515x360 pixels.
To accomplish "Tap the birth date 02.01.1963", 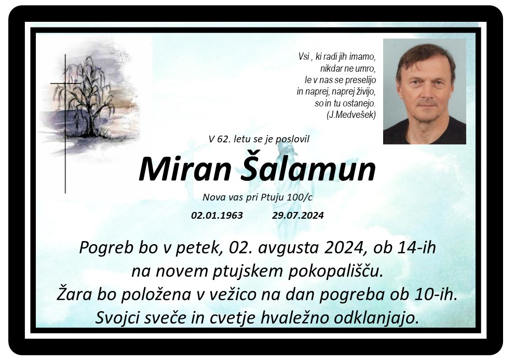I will click(x=217, y=215).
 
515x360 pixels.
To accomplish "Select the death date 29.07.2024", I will click(x=297, y=215).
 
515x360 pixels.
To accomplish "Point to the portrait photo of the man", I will click(x=424, y=91).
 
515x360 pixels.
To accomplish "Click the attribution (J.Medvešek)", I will click(x=351, y=115).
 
